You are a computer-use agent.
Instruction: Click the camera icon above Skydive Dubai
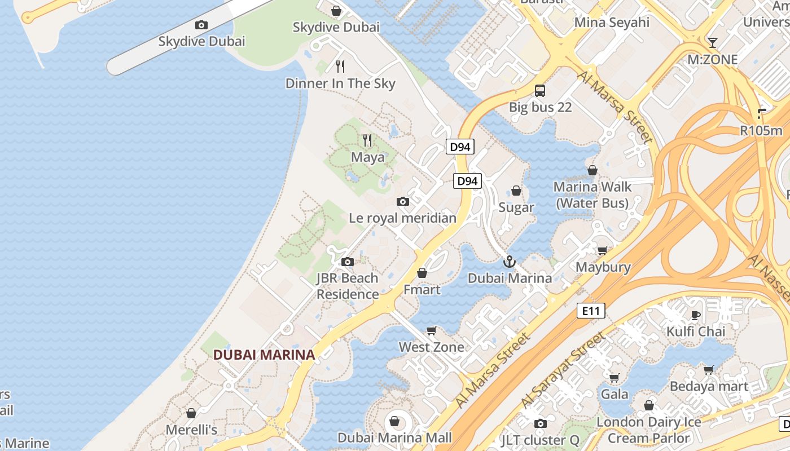(201, 25)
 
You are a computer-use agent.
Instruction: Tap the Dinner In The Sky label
(340, 83)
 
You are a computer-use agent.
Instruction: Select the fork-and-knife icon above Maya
(367, 140)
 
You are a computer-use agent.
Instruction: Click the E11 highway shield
(591, 310)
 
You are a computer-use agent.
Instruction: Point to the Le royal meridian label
(402, 218)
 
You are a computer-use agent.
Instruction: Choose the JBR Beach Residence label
(348, 286)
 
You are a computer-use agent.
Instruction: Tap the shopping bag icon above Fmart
(422, 273)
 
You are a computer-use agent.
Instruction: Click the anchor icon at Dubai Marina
(510, 262)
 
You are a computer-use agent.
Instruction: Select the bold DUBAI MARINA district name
(264, 355)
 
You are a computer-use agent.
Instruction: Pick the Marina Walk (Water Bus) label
(592, 194)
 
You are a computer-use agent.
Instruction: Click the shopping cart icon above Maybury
(602, 250)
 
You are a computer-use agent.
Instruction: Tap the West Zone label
(432, 347)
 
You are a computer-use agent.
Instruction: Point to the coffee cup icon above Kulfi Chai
(695, 315)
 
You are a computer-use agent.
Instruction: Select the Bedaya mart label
(709, 386)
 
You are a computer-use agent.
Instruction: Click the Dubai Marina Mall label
(394, 437)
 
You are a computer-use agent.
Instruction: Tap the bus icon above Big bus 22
(540, 91)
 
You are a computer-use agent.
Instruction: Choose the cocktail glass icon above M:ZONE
(712, 43)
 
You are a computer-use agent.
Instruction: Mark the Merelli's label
(191, 430)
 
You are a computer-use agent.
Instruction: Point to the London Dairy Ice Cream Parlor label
(649, 430)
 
